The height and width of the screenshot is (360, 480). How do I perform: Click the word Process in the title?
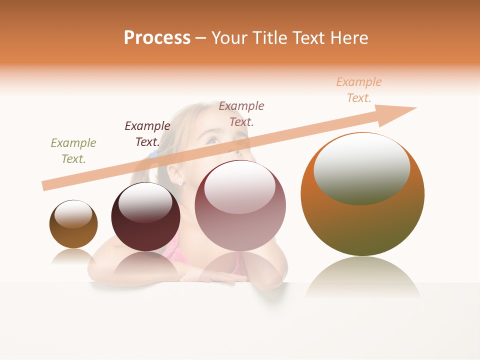coord(157,38)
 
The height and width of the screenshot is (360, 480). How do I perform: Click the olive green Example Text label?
coord(73,151)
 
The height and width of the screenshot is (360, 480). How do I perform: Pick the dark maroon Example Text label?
coord(147,134)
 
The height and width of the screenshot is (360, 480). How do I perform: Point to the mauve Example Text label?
coord(241,114)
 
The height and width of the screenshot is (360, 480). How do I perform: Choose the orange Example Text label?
coord(359,90)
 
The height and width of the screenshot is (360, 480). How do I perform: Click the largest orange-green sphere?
coord(362,225)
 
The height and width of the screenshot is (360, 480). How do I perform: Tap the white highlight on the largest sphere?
coord(361,167)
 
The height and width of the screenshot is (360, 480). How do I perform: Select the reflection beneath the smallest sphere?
coord(73,257)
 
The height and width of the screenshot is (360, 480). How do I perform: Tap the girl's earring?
coord(180,183)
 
